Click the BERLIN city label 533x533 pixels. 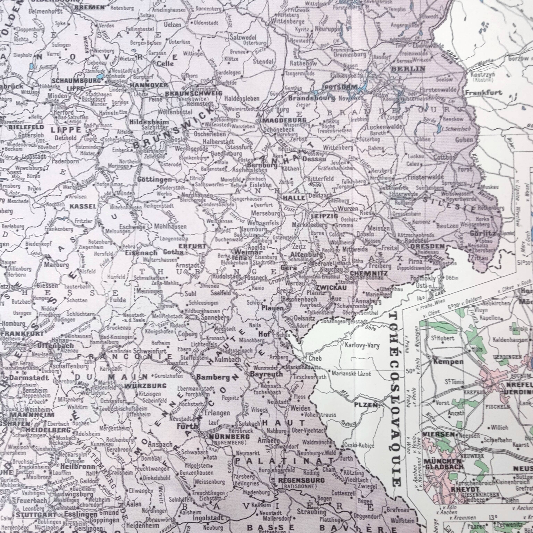coord(408,69)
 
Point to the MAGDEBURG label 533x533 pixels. coord(284,120)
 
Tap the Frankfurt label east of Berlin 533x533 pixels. coord(483,93)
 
